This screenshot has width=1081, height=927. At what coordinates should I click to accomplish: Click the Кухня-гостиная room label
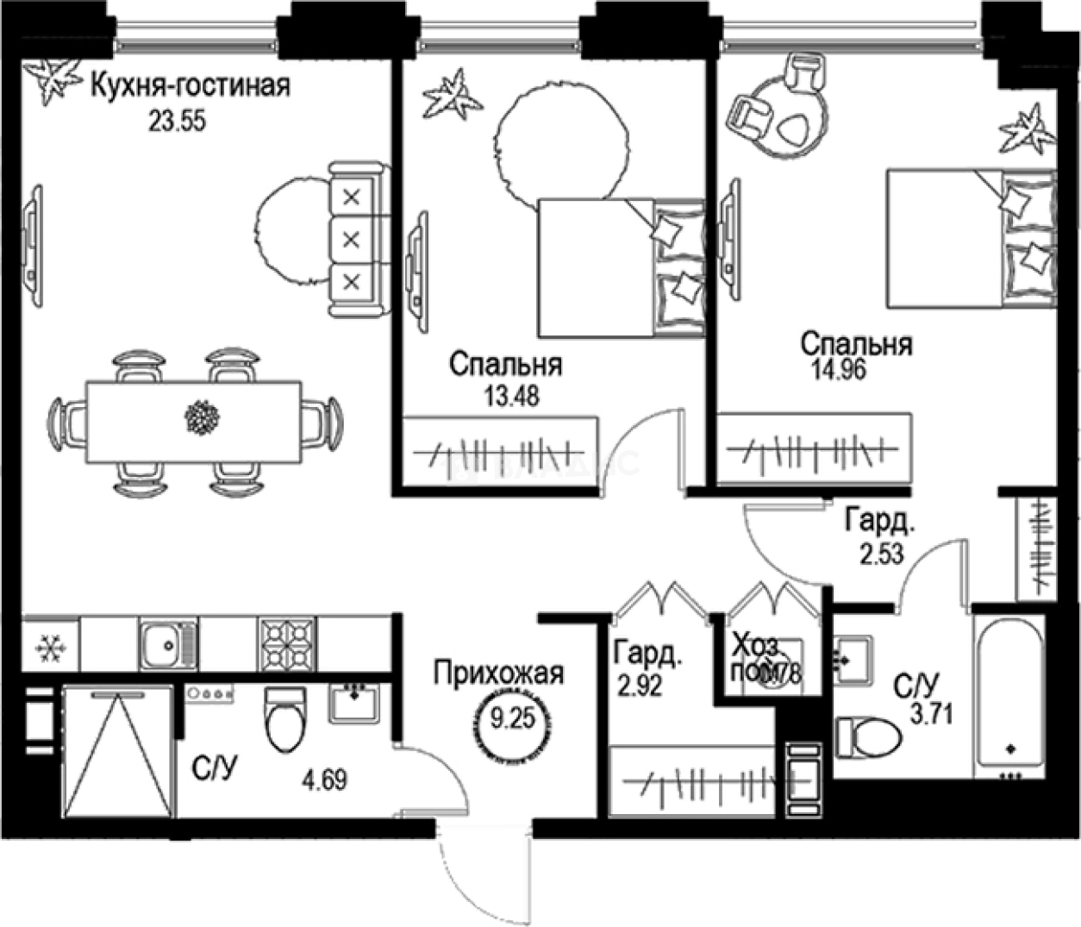point(190,86)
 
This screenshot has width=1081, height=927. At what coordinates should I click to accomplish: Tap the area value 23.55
point(177,122)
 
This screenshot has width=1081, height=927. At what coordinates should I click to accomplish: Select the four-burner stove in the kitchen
point(286,643)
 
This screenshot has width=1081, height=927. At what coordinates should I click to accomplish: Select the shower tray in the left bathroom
point(116,750)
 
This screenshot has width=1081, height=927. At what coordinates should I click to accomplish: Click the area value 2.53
point(881,553)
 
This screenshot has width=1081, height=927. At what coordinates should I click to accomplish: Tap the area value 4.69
point(324,781)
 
